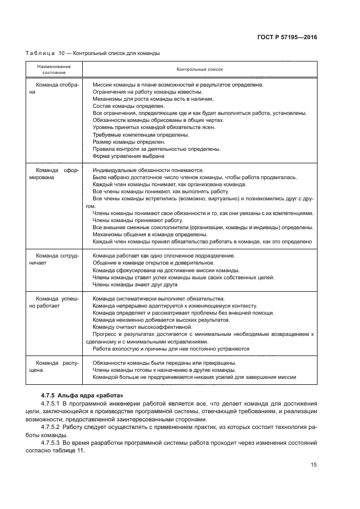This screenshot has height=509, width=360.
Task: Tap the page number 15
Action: coord(314,465)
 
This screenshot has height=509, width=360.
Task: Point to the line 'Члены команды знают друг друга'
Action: coord(135,284)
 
